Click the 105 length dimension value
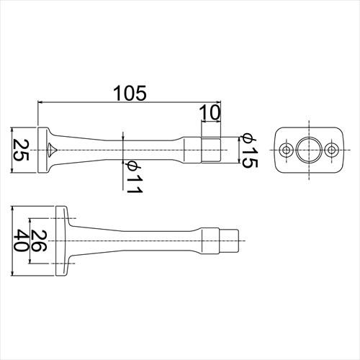point(130,93)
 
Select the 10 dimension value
point(210,112)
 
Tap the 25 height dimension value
point(21,150)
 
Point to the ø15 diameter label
point(250,150)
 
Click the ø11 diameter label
point(135,176)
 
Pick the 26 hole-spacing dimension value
point(38,240)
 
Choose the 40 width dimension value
point(21,240)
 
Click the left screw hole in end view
point(286,150)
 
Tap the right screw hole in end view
point(331,150)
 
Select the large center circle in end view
point(309,138)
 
